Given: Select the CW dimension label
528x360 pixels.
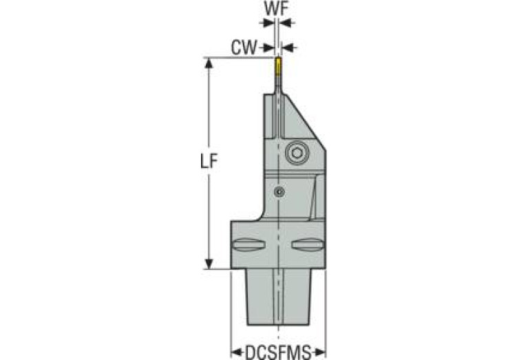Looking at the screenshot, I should (244, 47).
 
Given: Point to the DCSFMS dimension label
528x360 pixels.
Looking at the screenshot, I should (278, 352).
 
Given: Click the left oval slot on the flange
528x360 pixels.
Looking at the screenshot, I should (249, 244).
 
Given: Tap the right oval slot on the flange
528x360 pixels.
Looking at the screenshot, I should (306, 244).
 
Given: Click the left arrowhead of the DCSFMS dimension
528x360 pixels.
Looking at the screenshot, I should (234, 351).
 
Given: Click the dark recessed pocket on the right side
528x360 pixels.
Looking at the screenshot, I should (318, 195).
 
